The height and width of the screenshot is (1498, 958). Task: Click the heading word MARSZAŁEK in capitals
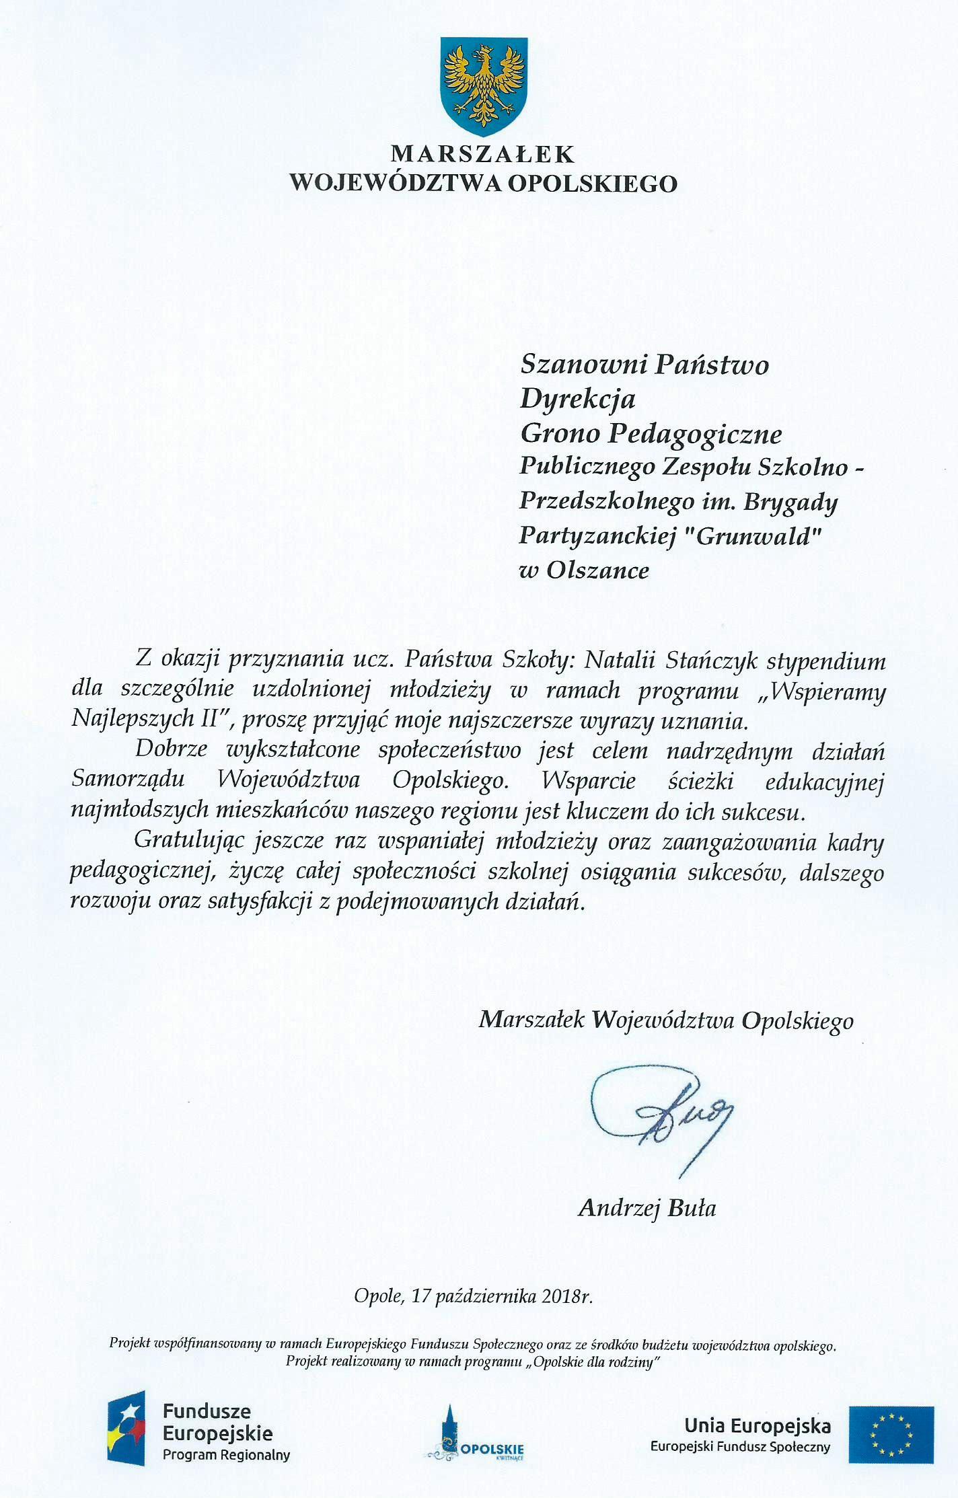482,155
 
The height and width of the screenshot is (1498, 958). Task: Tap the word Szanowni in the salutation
581,365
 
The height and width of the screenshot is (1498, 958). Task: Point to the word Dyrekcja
578,400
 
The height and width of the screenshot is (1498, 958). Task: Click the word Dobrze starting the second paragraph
172,749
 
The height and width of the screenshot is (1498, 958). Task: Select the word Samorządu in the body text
127,780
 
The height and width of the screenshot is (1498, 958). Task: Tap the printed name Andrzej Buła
647,1208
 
